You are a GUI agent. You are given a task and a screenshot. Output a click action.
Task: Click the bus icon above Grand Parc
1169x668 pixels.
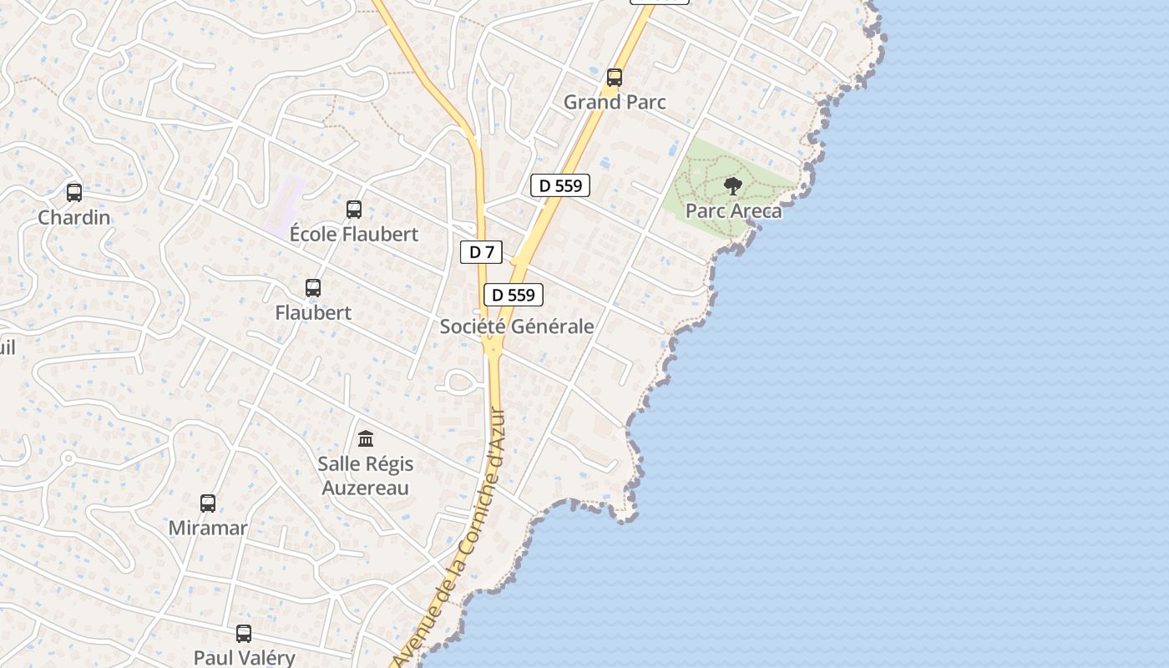point(615,78)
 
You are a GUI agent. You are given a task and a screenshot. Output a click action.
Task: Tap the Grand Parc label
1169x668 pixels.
point(615,102)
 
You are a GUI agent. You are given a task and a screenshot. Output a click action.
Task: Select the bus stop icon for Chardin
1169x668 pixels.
point(74,193)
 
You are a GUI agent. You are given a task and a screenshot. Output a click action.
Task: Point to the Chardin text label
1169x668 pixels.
point(74,217)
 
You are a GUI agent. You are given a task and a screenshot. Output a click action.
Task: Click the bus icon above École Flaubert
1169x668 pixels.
point(354,210)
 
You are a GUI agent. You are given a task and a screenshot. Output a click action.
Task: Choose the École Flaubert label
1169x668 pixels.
point(354,234)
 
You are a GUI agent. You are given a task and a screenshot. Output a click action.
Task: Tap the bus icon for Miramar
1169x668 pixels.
point(208,504)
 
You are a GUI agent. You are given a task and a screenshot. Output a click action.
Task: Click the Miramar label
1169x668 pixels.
point(208,528)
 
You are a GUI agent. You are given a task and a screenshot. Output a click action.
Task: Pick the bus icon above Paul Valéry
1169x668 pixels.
point(244,634)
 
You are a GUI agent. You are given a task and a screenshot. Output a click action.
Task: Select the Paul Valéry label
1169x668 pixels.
point(244,657)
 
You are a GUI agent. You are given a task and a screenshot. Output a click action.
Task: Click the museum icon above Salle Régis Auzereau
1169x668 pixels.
point(366,438)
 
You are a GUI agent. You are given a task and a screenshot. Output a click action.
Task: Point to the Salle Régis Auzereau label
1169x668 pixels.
point(366,475)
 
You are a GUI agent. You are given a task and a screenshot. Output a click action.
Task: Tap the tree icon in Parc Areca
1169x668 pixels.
point(733,186)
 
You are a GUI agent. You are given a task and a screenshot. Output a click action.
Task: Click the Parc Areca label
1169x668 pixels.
point(733,210)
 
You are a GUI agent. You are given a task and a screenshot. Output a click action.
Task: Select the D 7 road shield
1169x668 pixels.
point(481,252)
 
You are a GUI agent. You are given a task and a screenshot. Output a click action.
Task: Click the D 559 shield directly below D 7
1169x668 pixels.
point(513,295)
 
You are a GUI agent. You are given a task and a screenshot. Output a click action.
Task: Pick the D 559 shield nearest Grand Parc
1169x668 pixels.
point(560,185)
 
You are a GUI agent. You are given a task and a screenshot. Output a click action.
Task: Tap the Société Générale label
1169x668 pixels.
point(517,326)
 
